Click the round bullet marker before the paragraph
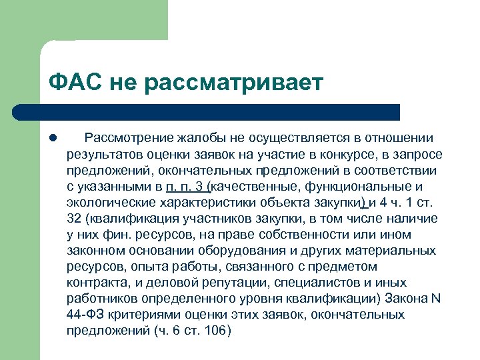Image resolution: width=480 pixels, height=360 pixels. pos(52,139)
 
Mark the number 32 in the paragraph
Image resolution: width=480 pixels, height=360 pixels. pos(74,219)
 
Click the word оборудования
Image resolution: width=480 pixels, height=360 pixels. pos(247,251)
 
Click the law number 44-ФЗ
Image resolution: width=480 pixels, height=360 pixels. pos(85,315)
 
